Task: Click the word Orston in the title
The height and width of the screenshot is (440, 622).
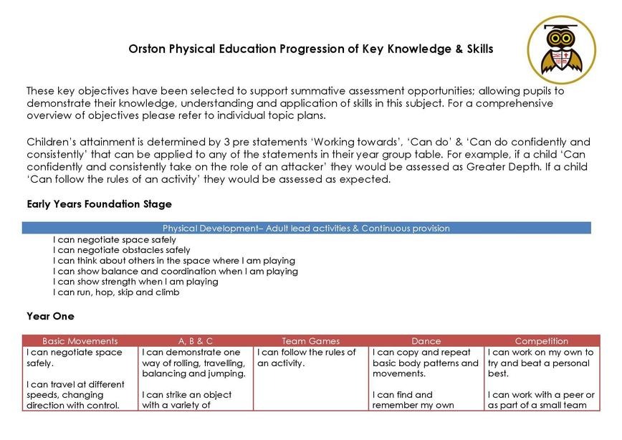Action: point(147,49)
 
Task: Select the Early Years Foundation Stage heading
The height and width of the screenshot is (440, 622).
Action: point(99,204)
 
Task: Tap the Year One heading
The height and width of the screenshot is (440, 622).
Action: point(50,316)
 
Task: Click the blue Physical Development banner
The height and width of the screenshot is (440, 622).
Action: point(306,229)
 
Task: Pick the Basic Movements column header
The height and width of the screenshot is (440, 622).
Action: point(80,341)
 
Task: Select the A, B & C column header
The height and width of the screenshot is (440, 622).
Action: point(196,341)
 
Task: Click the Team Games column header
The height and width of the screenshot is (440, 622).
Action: point(311,341)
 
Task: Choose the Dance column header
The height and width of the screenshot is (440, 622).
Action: point(426,341)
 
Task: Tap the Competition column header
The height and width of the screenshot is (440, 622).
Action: point(542,341)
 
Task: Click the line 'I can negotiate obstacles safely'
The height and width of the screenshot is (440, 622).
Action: point(122,250)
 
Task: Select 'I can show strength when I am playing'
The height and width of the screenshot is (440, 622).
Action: point(135,282)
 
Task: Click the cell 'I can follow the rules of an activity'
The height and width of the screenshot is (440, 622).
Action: point(307,358)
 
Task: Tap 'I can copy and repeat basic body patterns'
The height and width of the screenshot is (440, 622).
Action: point(425,358)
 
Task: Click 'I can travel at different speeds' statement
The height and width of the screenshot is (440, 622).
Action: point(75,395)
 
